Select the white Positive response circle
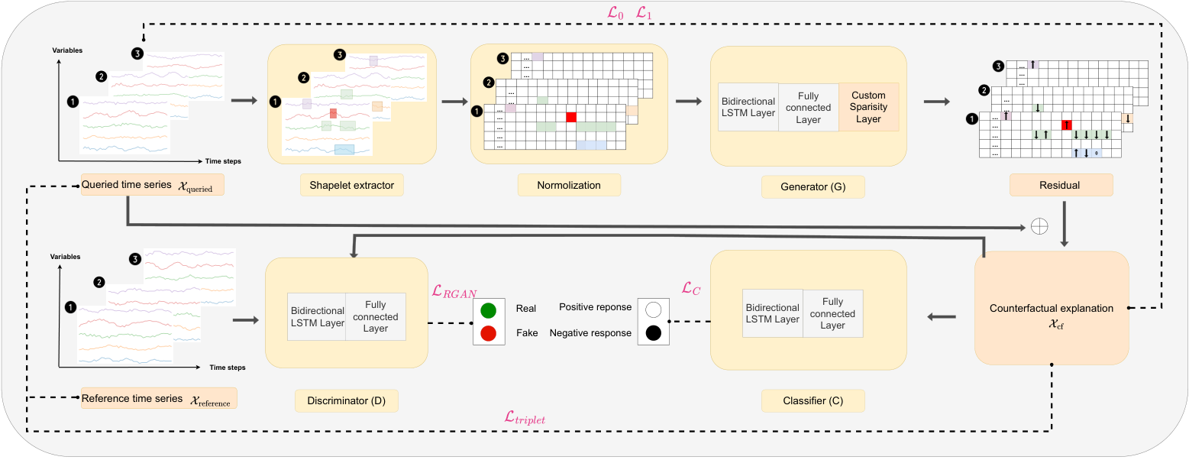653,310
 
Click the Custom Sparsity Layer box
868,107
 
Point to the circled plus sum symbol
1036,226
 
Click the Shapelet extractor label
346,185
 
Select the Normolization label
569,185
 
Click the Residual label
1061,185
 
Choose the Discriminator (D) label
347,400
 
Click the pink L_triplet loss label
525,417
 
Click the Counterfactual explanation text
1051,309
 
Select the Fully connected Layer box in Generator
808,108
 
